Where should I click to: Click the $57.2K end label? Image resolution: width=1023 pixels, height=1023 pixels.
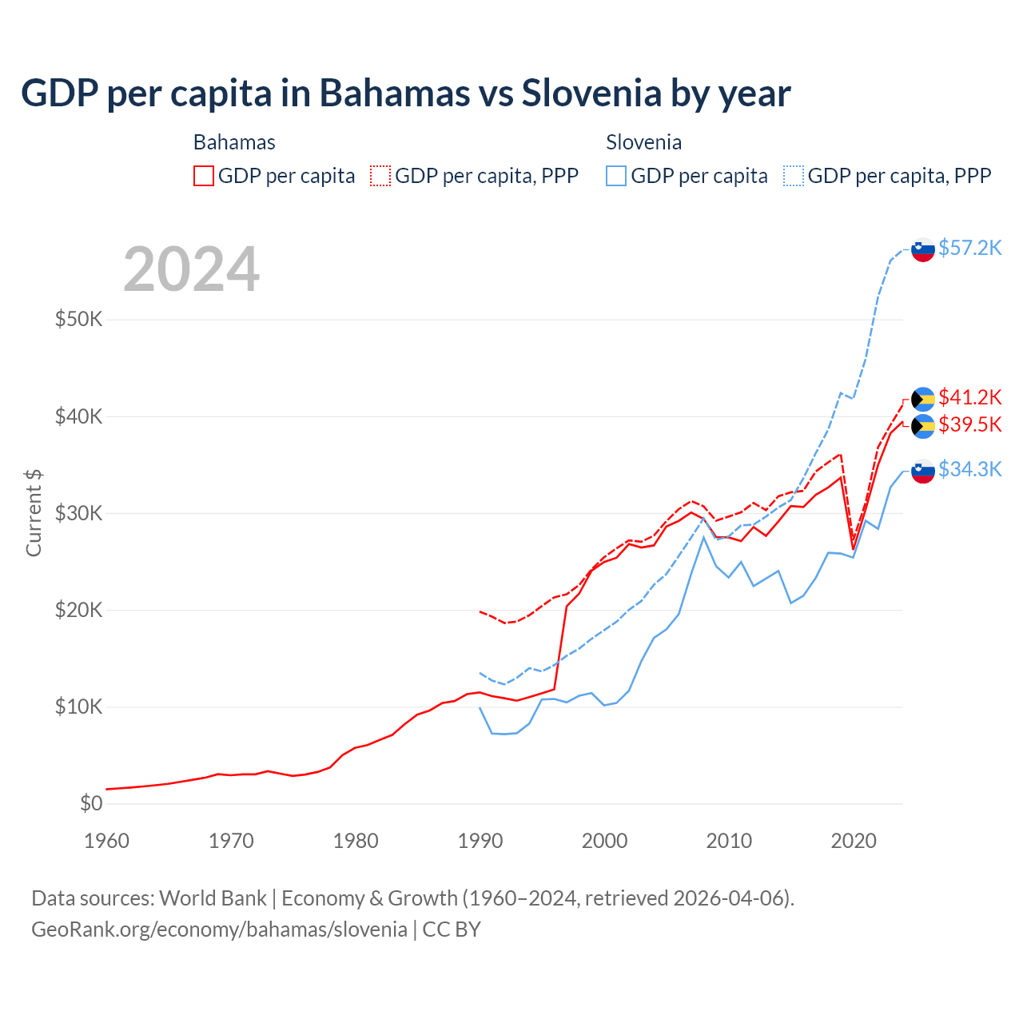(x=969, y=248)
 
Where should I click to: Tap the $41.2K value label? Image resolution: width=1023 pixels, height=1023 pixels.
(x=969, y=397)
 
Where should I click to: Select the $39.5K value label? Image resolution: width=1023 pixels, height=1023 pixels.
(x=969, y=424)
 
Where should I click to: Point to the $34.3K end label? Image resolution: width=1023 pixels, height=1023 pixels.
(x=969, y=469)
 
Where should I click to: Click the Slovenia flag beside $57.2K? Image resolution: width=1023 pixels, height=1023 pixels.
(x=923, y=249)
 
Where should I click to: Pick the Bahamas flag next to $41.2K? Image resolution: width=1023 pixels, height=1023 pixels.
(x=923, y=399)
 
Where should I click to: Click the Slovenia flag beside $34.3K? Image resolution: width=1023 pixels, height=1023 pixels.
(x=923, y=472)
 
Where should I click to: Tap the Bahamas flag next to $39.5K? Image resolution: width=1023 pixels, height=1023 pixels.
(x=923, y=426)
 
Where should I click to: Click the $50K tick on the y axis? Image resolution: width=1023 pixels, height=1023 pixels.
(x=79, y=320)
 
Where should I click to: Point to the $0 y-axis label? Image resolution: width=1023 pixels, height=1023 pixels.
(x=91, y=803)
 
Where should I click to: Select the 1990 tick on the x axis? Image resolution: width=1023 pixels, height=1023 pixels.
(x=480, y=841)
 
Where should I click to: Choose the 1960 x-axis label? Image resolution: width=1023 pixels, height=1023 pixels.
(x=107, y=841)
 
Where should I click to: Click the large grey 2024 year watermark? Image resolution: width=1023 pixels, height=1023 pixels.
(x=192, y=269)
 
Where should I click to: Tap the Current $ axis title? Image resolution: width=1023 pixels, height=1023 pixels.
(x=34, y=513)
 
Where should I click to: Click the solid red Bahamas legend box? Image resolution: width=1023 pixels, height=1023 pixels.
(x=204, y=176)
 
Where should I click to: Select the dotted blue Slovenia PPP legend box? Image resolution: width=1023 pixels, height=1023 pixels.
(x=794, y=176)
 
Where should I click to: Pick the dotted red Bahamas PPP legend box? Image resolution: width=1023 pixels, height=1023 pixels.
(x=380, y=176)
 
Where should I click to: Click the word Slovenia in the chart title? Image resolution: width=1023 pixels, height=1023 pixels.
(x=591, y=93)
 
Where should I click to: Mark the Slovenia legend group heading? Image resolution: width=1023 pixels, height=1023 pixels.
(x=643, y=142)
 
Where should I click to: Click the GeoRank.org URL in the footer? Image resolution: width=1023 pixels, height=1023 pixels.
(x=219, y=929)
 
